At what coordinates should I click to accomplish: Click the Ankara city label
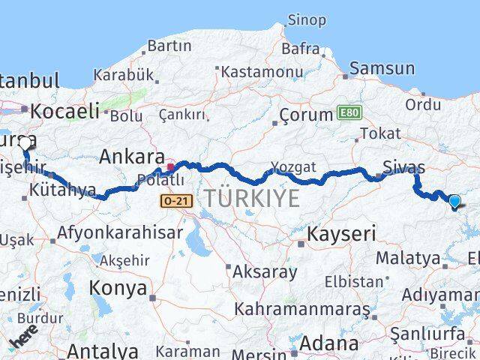click(x=132, y=157)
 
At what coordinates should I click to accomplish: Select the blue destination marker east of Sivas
click(x=454, y=200)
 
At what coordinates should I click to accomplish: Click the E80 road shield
click(x=347, y=113)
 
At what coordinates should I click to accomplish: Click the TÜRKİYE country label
click(x=252, y=198)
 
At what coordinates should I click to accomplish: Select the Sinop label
click(x=307, y=20)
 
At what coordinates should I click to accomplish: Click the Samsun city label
click(x=382, y=68)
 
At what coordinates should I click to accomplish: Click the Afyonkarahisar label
click(x=120, y=232)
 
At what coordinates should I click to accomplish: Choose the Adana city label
click(x=328, y=343)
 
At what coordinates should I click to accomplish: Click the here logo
click(x=25, y=334)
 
